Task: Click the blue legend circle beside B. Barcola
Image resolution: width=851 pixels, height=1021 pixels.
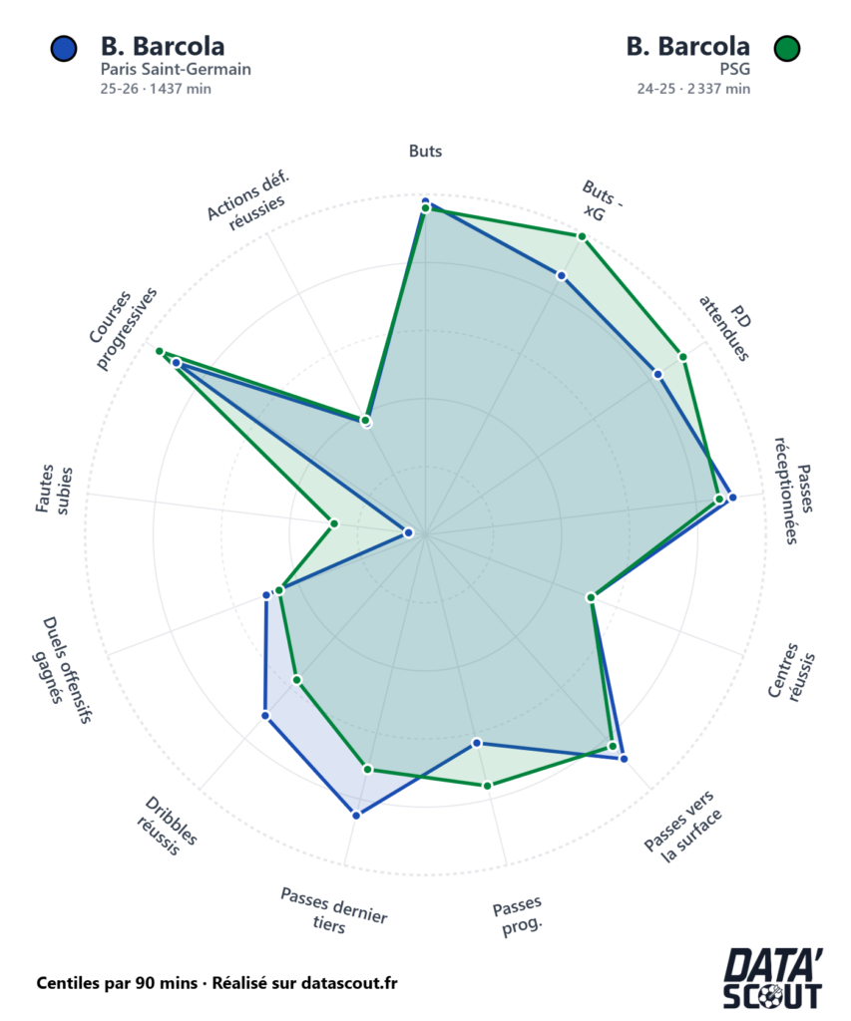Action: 63,48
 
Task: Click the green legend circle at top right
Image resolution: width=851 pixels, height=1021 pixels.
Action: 788,48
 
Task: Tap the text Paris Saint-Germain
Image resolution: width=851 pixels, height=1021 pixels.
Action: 175,70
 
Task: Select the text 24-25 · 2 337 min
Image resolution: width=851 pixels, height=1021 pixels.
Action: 693,88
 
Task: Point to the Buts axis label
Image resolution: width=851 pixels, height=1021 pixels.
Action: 425,152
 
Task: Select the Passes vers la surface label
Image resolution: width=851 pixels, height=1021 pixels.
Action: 682,822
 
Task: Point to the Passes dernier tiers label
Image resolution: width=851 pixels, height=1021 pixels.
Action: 334,908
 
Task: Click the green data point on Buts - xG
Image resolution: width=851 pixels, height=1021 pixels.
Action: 583,237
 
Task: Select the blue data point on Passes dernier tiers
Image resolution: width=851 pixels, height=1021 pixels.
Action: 356,815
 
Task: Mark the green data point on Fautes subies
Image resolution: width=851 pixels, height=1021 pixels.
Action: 334,522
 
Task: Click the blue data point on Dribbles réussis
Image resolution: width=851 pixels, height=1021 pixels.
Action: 265,715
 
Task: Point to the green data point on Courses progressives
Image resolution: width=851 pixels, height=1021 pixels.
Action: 159,351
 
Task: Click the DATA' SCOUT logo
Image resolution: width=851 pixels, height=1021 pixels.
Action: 773,978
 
